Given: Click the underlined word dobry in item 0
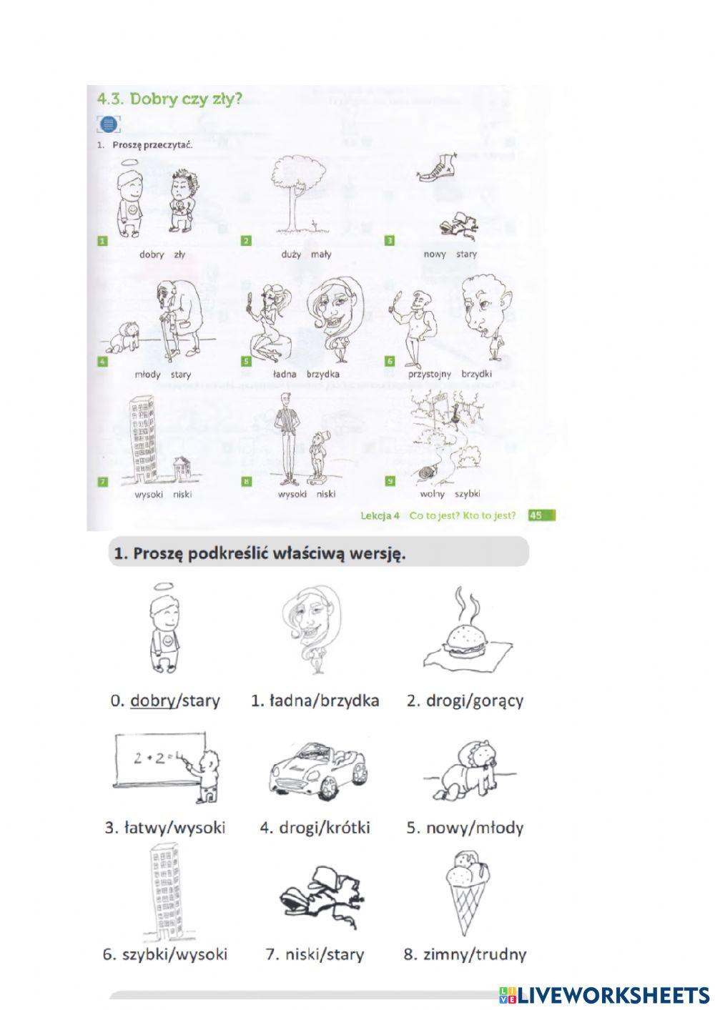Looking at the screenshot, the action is (152, 700).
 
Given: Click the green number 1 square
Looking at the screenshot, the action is (103, 241).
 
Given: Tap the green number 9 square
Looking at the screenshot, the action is (390, 481).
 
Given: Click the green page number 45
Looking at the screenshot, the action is (541, 515).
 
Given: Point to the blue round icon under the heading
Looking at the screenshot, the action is (108, 124).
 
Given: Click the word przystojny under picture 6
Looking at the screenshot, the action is (430, 375).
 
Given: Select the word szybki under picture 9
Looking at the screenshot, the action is (468, 494).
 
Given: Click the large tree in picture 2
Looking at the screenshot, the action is (297, 193).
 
